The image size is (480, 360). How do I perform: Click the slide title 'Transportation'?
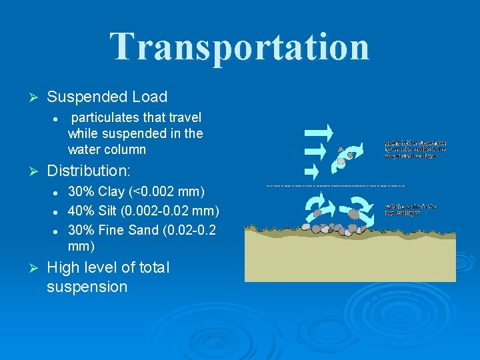(x=239, y=47)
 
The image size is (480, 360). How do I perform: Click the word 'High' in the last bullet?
(x=64, y=268)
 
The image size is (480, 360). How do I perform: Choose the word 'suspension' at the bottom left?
(x=87, y=287)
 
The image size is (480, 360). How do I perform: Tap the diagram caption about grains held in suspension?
(x=415, y=149)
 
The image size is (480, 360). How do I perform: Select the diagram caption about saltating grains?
(x=411, y=209)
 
